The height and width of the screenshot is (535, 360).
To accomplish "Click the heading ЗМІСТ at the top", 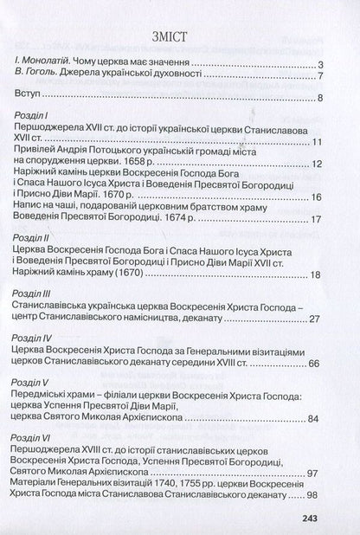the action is [x=180, y=35].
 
